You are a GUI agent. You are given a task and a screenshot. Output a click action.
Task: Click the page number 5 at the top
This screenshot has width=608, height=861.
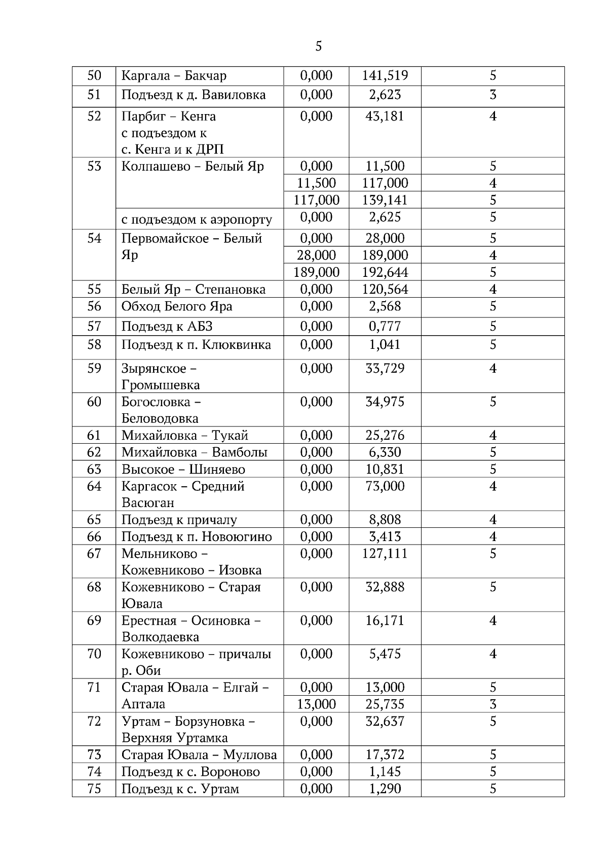tap(318, 47)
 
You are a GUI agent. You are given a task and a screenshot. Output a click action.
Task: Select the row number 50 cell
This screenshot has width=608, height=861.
tap(94, 76)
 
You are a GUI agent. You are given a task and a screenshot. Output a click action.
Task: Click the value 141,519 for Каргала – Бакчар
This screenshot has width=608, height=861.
tap(385, 76)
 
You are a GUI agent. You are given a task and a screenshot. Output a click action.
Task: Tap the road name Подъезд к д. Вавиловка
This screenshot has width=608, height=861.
tap(193, 95)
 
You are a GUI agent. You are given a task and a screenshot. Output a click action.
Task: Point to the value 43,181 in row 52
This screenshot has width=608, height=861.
tap(385, 117)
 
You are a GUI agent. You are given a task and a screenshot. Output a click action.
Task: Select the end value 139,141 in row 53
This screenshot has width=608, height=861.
tap(385, 200)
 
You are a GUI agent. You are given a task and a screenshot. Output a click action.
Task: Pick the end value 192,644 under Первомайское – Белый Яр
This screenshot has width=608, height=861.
tap(385, 272)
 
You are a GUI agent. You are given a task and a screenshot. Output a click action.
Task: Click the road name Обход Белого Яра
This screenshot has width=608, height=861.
tap(177, 307)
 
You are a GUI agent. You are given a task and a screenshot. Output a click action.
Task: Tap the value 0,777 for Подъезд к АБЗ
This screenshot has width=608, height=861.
tap(385, 327)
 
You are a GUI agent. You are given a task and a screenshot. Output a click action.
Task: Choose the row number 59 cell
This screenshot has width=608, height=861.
tap(94, 369)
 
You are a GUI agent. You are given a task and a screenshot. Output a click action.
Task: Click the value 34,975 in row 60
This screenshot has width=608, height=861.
tap(385, 402)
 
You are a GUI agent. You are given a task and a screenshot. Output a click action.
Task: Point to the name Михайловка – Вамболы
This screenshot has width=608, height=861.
tap(194, 452)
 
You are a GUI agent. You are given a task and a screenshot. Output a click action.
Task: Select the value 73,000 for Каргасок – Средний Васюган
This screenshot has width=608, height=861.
tap(385, 486)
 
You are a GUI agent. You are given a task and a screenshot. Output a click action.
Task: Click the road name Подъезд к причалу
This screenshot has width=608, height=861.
tap(179, 520)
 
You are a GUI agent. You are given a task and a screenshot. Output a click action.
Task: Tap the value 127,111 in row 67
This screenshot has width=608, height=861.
tap(385, 554)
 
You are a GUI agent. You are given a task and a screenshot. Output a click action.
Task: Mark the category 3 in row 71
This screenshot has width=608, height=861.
tap(492, 704)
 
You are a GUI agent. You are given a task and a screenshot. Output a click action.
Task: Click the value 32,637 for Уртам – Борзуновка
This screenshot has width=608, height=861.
tap(385, 722)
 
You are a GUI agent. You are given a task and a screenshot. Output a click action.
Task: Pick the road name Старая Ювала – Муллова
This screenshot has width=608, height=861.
tap(199, 755)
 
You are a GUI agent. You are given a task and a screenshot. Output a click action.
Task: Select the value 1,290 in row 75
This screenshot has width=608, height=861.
tap(385, 789)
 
